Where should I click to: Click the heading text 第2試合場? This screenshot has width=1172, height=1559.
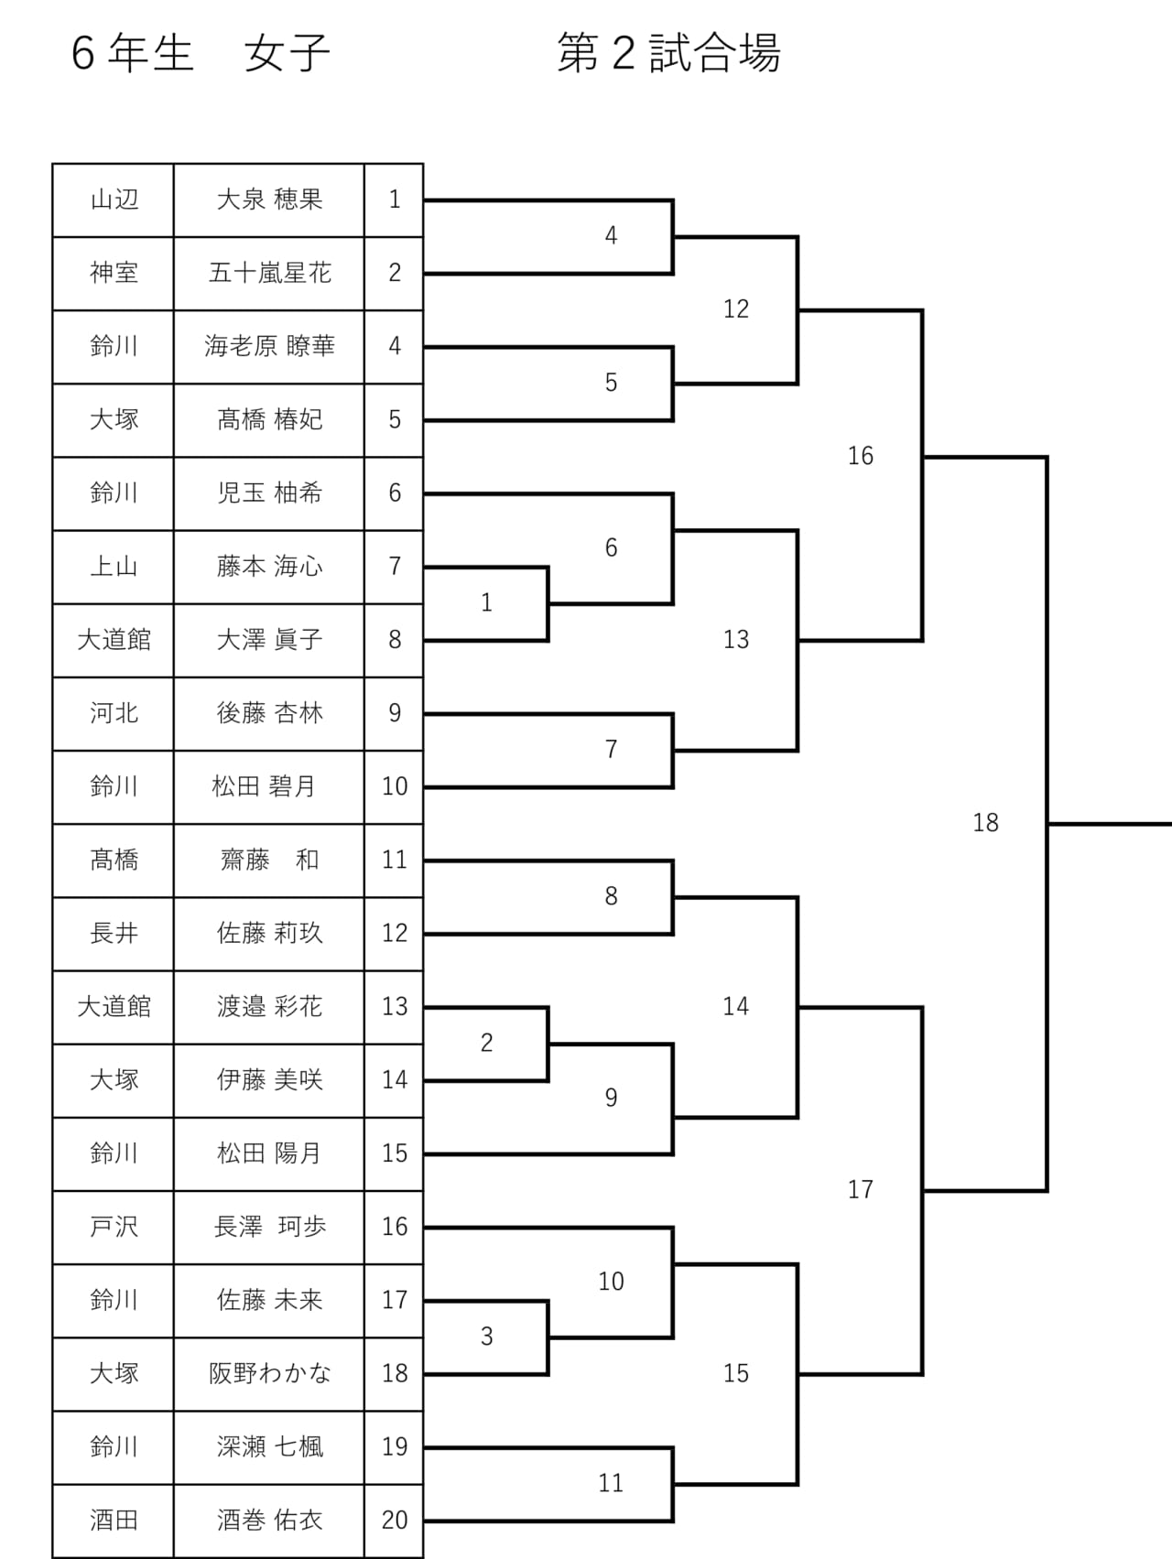click(x=669, y=53)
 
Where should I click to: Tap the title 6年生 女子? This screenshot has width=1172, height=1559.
click(x=201, y=53)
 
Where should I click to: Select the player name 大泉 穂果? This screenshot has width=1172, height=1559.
click(x=269, y=200)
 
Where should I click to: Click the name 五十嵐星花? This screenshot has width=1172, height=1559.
click(x=269, y=273)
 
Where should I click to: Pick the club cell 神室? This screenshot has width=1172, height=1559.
click(x=114, y=273)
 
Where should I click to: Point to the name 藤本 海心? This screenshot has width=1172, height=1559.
click(x=269, y=567)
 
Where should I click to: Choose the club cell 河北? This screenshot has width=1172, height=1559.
click(x=114, y=713)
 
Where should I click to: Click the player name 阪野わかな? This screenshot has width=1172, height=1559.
click(x=269, y=1373)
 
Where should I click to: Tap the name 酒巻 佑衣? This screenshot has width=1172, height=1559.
click(x=269, y=1520)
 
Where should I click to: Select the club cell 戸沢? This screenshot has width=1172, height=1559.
click(x=114, y=1227)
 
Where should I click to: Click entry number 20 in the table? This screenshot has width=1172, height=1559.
click(x=395, y=1520)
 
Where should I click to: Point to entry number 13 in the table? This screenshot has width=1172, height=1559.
click(x=395, y=1006)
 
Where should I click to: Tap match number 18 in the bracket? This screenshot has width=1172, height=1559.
click(x=985, y=823)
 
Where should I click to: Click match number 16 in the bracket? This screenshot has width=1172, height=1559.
click(x=861, y=456)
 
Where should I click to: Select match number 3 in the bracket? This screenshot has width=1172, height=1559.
click(x=486, y=1337)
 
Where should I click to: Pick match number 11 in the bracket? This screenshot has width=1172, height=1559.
click(x=611, y=1483)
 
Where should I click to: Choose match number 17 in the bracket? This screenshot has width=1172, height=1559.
click(x=861, y=1189)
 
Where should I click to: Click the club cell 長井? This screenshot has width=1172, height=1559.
click(x=114, y=933)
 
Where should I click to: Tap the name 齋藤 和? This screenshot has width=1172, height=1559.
click(x=269, y=860)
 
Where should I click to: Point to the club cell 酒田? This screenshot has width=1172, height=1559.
click(x=114, y=1520)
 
